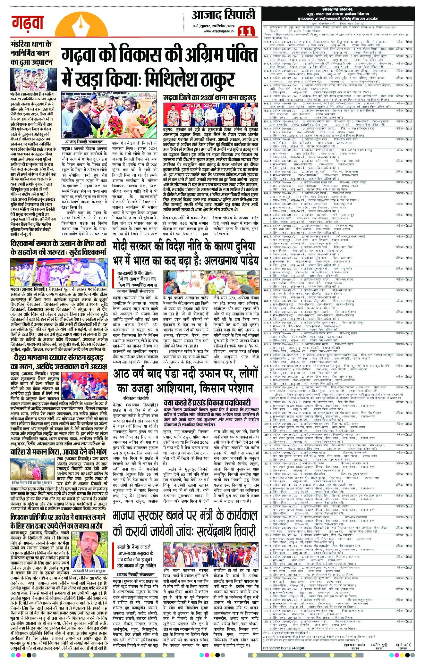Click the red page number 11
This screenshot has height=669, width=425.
tap(246, 31)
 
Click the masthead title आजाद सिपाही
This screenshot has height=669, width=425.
tap(224, 15)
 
